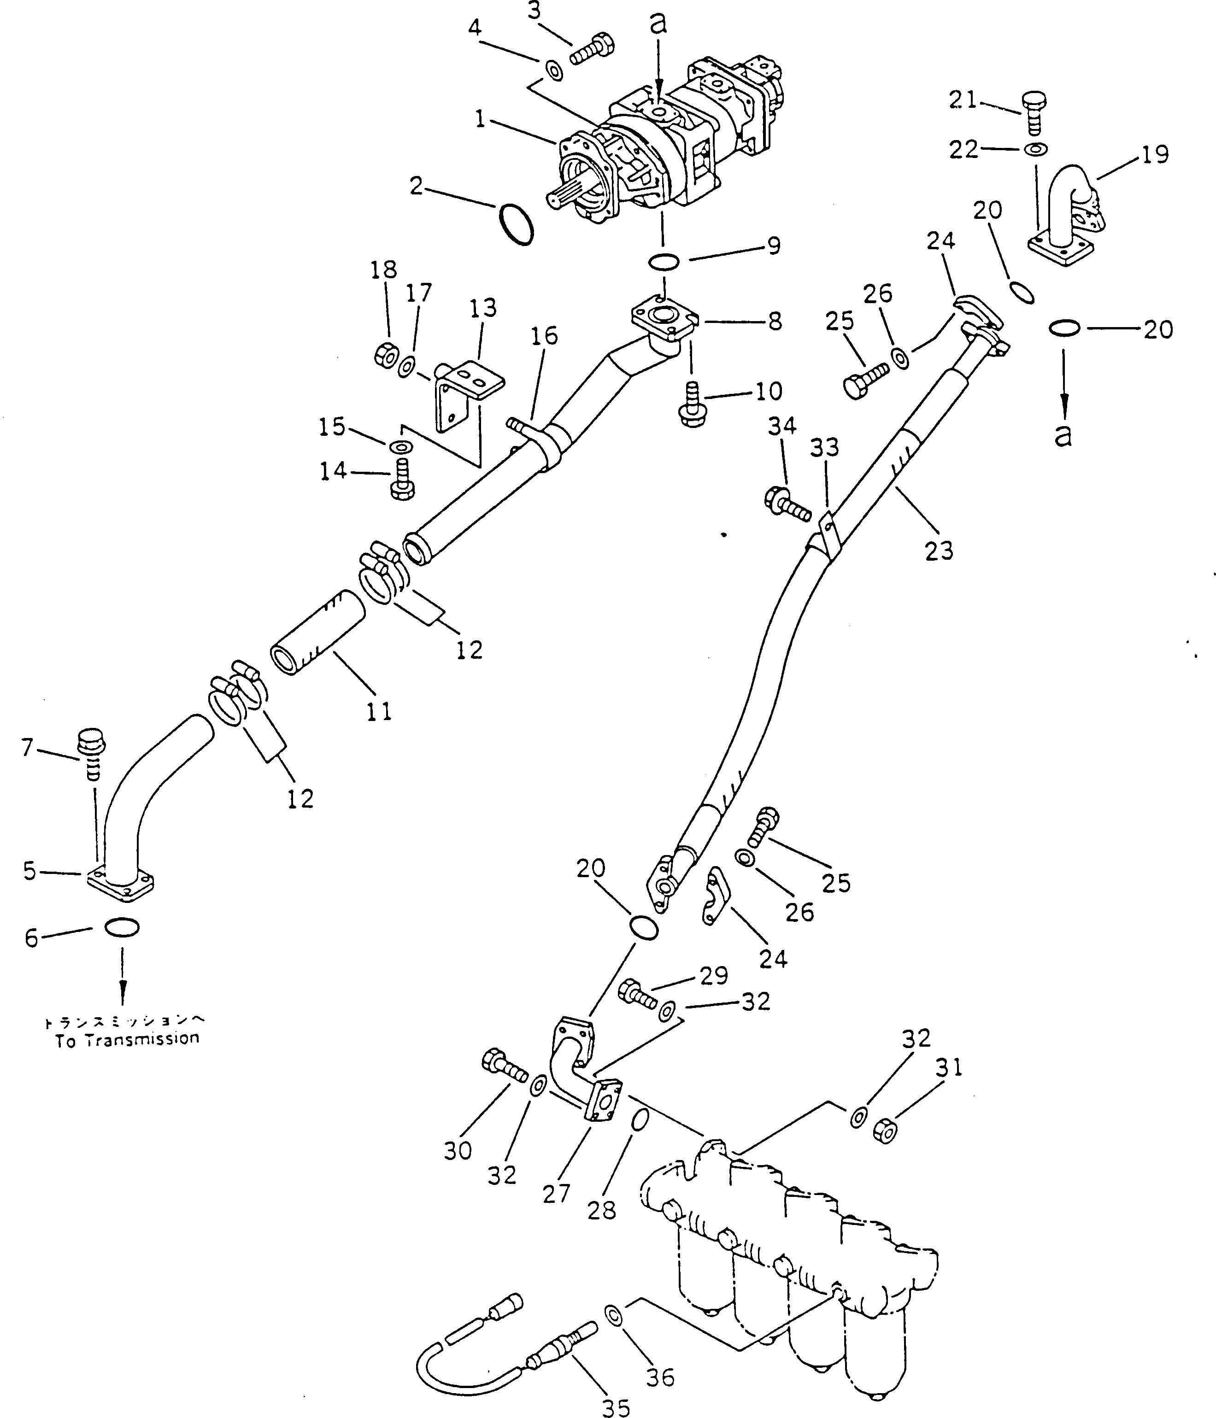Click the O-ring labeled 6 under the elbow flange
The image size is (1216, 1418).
coord(122,928)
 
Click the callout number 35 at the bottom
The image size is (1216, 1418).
coord(615,1407)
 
